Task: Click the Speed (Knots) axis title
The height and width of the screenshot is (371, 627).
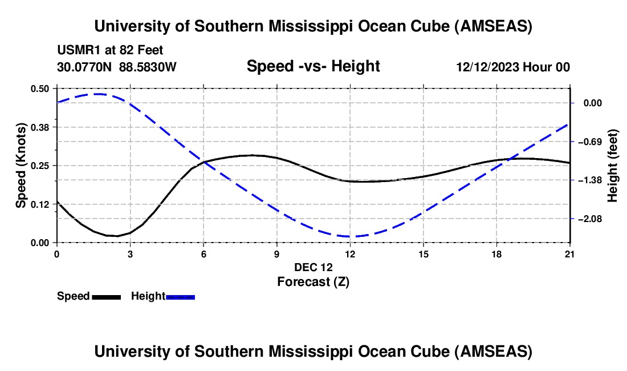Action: tap(21, 166)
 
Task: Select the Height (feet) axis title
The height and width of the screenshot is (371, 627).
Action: tap(613, 166)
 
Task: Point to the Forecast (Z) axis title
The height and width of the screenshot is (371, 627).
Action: tap(313, 281)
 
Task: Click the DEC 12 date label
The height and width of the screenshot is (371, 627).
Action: tap(313, 267)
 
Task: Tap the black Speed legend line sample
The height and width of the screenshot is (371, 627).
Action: tap(106, 297)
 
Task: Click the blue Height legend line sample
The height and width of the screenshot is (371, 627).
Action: tap(181, 297)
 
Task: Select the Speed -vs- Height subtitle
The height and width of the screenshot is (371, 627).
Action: tap(313, 66)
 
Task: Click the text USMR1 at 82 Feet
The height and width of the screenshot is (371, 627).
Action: tap(110, 50)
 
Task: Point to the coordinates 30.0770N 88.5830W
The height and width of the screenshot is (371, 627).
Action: tap(117, 67)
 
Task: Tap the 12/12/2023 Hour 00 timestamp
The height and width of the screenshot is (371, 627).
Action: tap(513, 67)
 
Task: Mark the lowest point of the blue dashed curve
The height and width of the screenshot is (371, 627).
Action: tap(350, 236)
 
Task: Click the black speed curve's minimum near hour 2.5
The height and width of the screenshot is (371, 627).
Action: tap(117, 236)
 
